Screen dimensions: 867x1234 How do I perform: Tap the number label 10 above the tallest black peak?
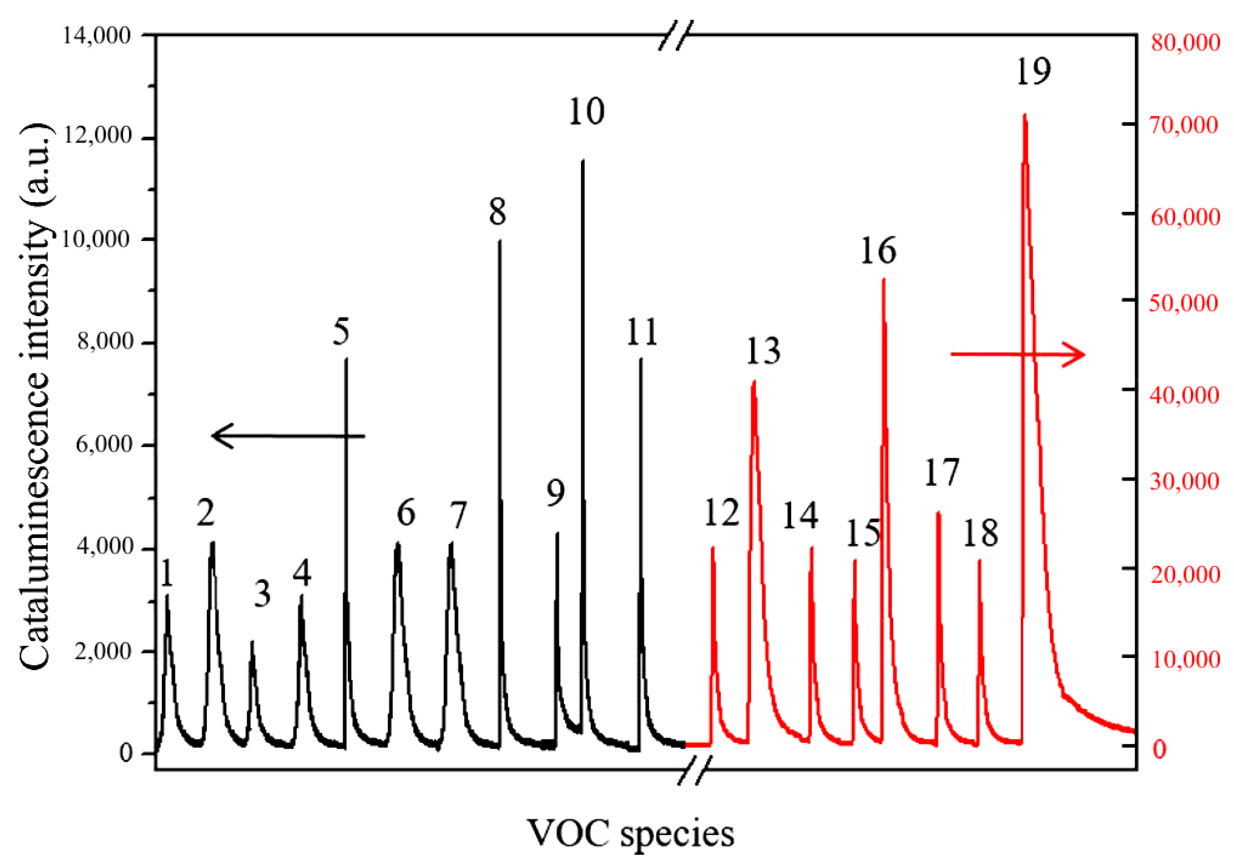[586, 111]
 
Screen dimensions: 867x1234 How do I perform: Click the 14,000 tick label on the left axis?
[97, 36]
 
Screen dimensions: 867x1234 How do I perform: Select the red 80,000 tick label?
[1185, 43]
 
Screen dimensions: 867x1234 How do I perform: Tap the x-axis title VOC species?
[630, 833]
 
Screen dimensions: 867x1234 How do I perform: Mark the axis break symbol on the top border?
[676, 35]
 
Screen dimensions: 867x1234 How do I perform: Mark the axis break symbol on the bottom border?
[694, 770]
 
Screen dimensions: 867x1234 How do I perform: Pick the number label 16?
[878, 251]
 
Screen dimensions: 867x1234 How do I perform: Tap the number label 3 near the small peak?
[262, 594]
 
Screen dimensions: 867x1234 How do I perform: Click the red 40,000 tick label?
[1184, 395]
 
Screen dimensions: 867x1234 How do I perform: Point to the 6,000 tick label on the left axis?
[104, 444]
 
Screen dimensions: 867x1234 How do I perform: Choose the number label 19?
[1033, 71]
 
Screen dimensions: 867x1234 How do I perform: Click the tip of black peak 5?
[346, 360]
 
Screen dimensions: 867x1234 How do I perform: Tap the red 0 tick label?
[1159, 750]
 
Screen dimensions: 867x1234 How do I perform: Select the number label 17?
[942, 472]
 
